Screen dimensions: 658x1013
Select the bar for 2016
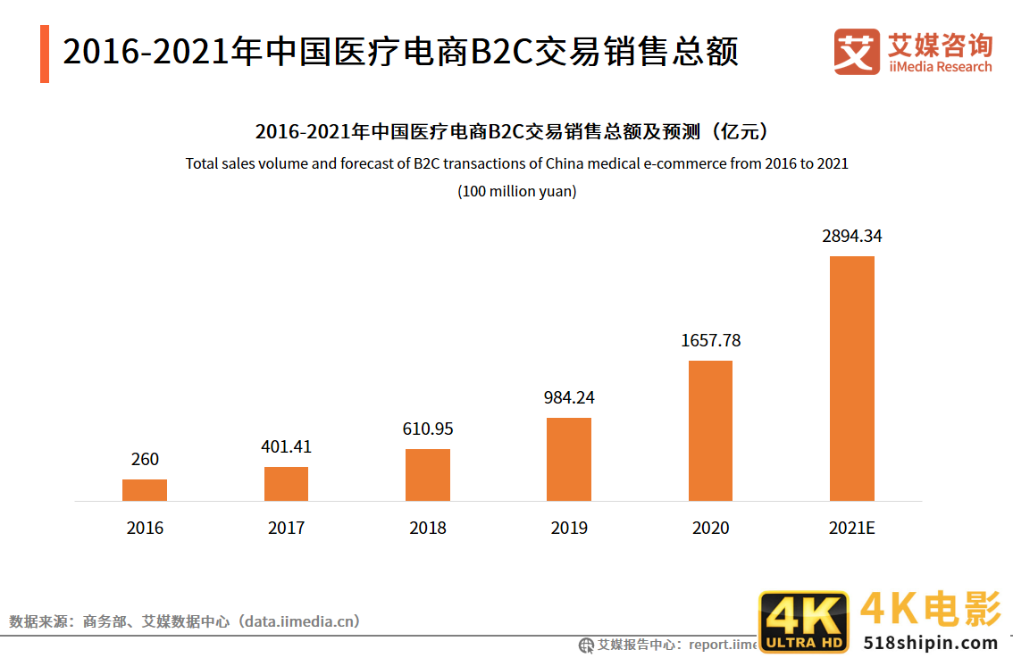click(145, 490)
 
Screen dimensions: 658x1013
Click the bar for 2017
click(286, 484)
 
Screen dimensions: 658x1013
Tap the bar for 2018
click(428, 475)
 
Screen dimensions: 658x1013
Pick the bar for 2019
click(569, 459)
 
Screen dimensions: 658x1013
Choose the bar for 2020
click(710, 430)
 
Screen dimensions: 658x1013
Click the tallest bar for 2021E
click(852, 379)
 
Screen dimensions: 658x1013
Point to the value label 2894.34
click(852, 237)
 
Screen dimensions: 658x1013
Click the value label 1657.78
click(710, 340)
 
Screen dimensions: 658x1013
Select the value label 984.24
click(569, 398)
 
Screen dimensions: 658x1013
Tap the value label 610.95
click(428, 429)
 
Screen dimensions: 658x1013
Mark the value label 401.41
click(286, 446)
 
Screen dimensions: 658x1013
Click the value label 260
click(145, 459)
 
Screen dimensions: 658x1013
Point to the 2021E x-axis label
click(852, 528)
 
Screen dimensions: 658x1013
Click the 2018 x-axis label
click(428, 528)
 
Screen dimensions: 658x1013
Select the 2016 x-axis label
click(145, 528)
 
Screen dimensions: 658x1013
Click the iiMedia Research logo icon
click(857, 52)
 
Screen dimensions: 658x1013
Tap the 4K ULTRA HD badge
click(803, 621)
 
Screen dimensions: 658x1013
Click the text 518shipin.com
click(930, 642)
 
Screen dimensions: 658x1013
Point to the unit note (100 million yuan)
click(516, 191)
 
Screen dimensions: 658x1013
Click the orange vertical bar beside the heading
click(45, 54)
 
